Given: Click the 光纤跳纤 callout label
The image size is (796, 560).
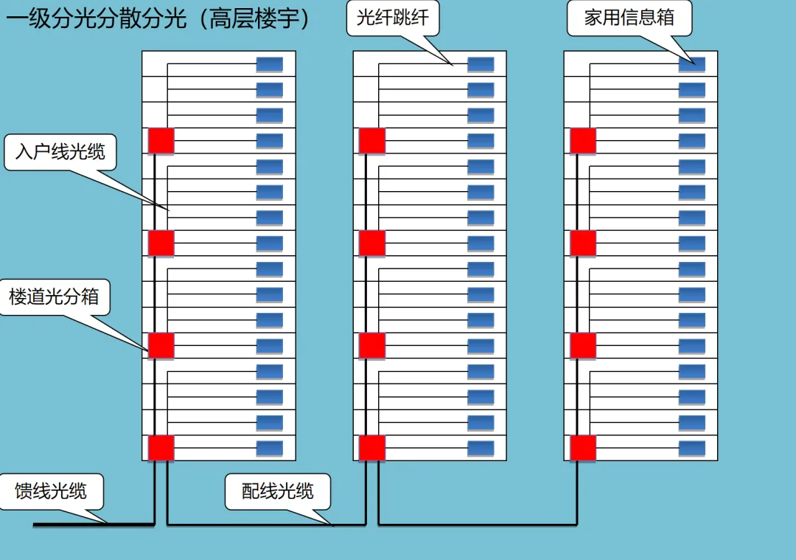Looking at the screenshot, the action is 392,18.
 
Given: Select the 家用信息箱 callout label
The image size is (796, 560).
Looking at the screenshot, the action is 629,18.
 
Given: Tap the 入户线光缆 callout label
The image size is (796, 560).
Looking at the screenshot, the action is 60,152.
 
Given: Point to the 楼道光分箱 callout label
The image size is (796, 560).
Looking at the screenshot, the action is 54,297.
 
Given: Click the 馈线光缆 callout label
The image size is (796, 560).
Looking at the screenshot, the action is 51,491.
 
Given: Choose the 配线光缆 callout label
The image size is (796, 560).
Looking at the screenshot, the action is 278,491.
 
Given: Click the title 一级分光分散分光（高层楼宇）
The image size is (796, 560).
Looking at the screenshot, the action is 158,18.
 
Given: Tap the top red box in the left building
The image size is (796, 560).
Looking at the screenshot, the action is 161,141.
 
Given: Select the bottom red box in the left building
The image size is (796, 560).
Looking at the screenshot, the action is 161,448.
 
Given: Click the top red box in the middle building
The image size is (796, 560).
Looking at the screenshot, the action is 372,141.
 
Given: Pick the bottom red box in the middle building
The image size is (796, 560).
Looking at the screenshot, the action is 372,448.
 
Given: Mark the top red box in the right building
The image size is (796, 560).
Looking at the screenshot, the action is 583,141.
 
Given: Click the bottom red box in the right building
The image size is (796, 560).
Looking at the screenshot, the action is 583,448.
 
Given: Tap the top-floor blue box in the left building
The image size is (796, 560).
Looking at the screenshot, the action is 270,64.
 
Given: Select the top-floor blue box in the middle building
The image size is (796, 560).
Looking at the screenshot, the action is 481,64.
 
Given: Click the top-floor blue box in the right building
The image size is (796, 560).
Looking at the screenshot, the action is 692,64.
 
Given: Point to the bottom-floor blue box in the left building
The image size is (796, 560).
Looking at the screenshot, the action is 270,448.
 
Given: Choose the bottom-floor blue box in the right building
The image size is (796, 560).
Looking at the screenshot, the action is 692,448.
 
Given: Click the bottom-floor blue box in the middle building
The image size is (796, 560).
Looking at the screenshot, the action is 481,448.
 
